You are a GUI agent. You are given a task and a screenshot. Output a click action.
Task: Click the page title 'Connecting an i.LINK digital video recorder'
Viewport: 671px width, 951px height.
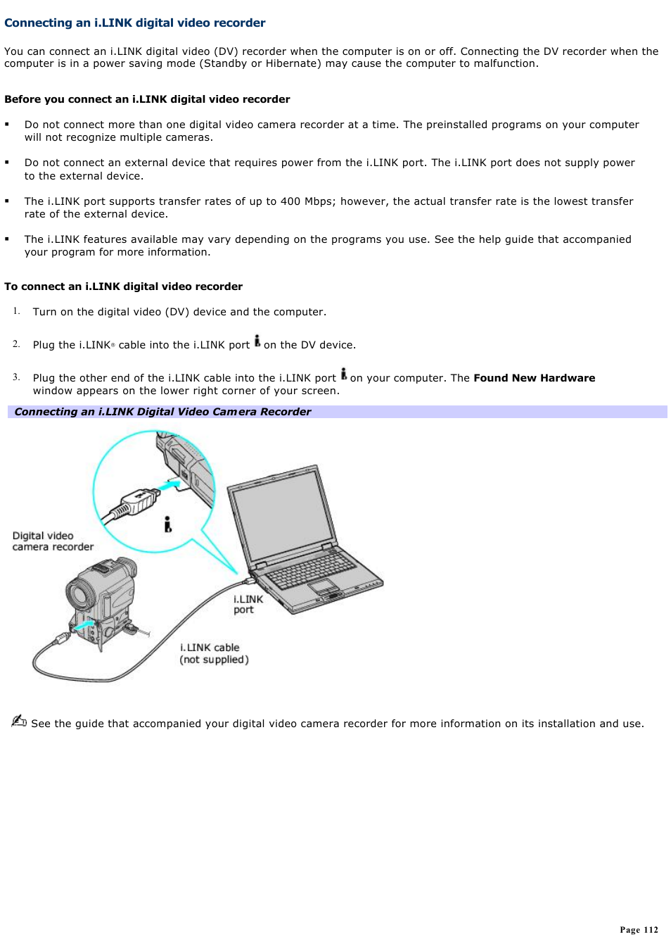(134, 23)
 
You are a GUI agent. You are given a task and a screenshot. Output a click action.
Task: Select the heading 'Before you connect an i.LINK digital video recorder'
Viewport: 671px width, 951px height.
(147, 99)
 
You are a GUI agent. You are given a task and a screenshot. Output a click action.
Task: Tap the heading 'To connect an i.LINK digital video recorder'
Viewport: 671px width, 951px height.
(123, 286)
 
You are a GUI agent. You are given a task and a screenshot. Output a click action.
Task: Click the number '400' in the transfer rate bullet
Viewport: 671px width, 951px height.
(290, 201)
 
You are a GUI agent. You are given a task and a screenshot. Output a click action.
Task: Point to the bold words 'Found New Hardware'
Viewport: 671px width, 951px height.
(534, 378)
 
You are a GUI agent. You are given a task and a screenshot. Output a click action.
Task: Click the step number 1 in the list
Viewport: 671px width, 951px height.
(16, 311)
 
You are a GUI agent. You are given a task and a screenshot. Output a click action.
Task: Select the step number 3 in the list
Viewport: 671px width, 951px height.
(16, 377)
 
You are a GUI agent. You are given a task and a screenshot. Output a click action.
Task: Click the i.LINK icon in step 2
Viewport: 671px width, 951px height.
(257, 341)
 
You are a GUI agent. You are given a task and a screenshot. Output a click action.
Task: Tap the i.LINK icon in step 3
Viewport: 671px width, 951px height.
(344, 374)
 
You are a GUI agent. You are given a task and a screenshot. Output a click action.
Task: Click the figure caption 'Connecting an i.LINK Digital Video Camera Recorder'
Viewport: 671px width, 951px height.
(162, 412)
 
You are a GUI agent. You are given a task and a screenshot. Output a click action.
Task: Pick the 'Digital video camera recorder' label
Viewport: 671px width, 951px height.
(52, 541)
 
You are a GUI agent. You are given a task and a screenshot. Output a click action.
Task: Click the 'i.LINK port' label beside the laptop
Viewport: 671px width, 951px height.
(248, 604)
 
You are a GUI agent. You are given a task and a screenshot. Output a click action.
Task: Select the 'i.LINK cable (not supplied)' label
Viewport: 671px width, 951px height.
(214, 653)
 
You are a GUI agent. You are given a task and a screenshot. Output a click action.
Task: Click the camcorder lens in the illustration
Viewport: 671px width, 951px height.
(78, 596)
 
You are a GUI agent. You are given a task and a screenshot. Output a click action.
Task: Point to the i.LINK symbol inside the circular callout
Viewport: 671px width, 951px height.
(167, 524)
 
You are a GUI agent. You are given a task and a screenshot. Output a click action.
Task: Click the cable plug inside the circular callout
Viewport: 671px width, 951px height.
(134, 503)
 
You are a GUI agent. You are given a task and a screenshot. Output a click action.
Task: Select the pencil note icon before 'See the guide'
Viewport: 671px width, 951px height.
(19, 721)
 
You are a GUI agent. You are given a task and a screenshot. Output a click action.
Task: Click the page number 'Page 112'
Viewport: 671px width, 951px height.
(639, 930)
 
